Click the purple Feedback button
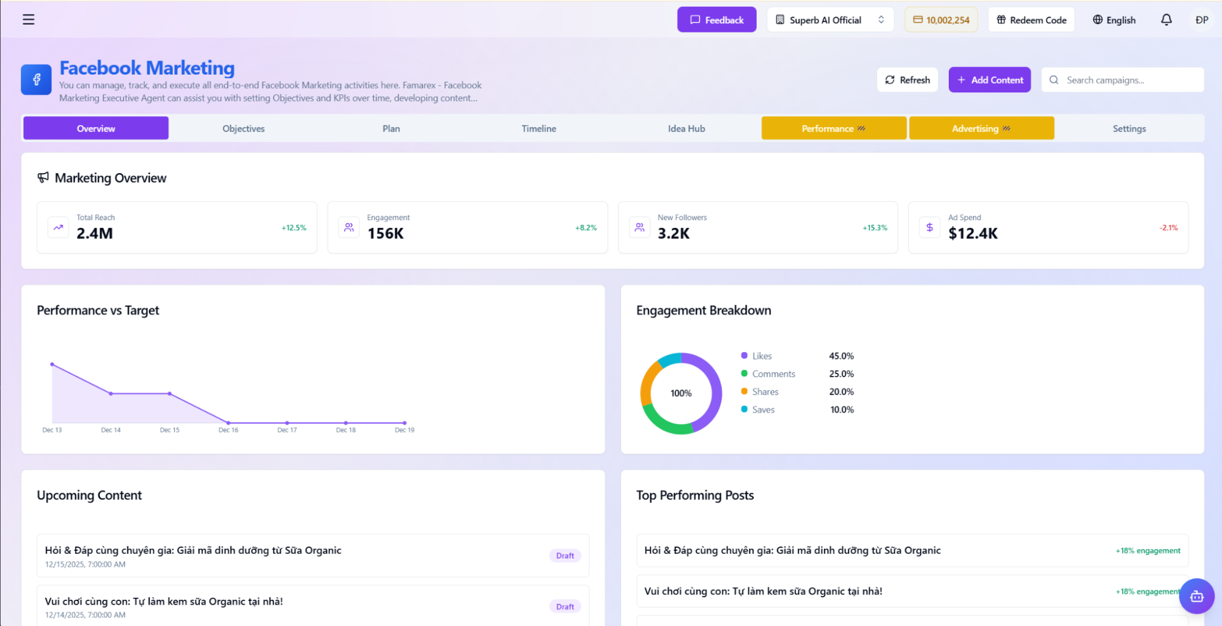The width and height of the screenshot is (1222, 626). point(716,20)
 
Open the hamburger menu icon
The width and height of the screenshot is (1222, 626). point(28,20)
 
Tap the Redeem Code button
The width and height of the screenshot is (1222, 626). point(1031,20)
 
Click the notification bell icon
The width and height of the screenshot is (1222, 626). point(1166,20)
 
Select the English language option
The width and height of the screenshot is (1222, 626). point(1114,20)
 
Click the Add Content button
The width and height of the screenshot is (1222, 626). point(989,80)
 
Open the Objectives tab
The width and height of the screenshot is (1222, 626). point(243,128)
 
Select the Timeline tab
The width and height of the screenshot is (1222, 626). point(539,128)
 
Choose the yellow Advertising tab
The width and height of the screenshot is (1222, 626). point(981,128)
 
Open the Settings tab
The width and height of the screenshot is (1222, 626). point(1128,128)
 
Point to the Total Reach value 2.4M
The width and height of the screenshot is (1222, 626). point(95,234)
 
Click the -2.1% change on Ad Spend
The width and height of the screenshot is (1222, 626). point(1168,227)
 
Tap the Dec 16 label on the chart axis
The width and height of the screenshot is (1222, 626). point(228,430)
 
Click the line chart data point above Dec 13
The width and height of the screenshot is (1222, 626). point(52,364)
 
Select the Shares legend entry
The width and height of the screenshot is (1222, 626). point(765,392)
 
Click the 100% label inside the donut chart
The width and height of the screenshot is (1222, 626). point(680,393)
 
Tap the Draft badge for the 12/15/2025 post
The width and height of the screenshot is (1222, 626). point(564,556)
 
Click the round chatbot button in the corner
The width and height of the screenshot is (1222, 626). point(1196,596)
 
